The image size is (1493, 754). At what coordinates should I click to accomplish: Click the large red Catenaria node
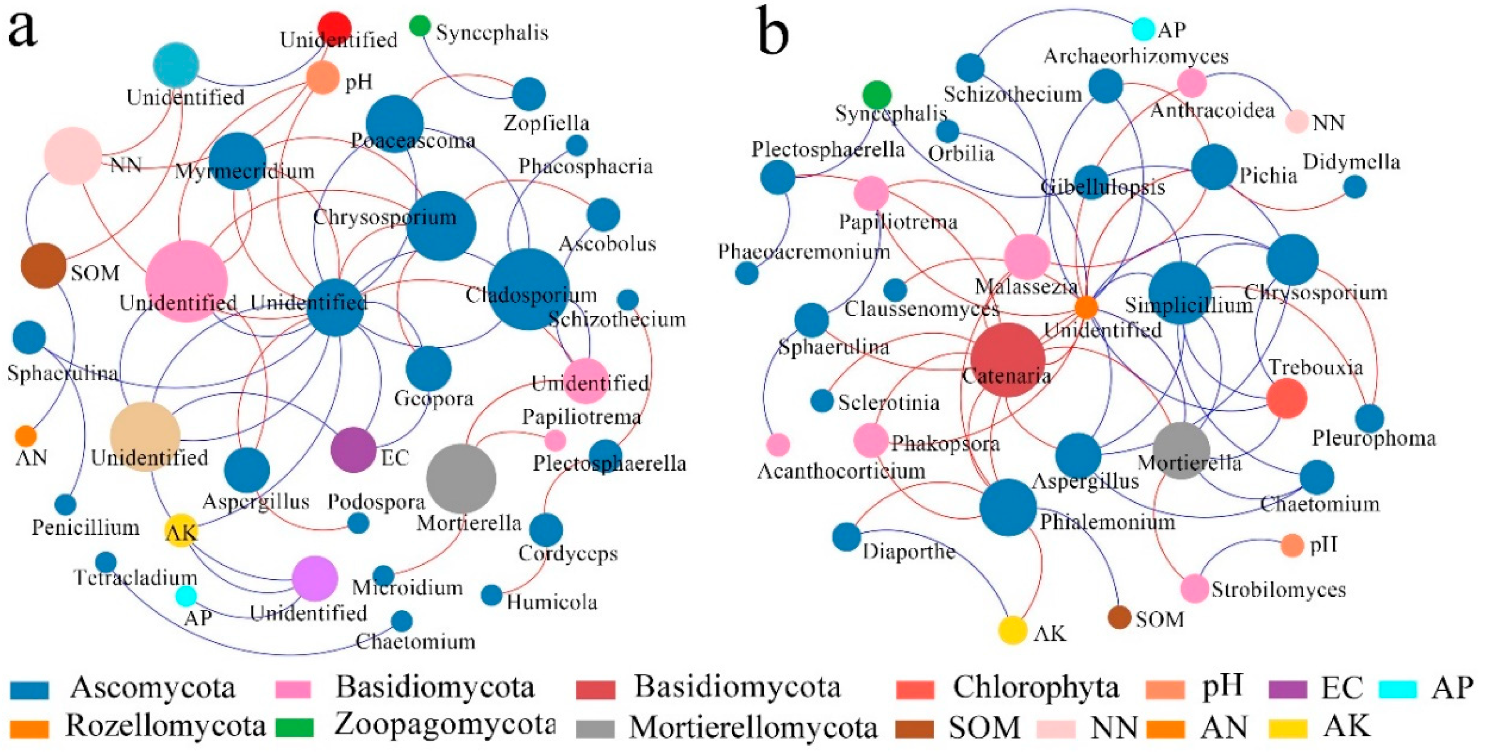(1007, 359)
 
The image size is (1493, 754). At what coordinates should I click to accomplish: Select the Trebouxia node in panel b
(1286, 398)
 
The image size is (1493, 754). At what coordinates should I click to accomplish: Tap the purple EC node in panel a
(353, 450)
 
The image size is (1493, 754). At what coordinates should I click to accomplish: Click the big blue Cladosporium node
(528, 289)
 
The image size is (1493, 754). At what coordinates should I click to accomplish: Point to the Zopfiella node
(528, 94)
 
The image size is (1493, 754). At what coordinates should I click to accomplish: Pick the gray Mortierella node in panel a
(461, 479)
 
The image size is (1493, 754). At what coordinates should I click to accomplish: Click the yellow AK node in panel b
(1012, 631)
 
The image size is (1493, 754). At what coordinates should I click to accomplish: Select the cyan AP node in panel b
(1143, 29)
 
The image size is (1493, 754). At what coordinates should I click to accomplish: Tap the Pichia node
(1214, 167)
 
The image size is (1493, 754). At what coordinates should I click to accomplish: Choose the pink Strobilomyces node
(1194, 589)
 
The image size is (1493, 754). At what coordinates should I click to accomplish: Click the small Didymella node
(1355, 187)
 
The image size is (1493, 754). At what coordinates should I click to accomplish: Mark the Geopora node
(428, 368)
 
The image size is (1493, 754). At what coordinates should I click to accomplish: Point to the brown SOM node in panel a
(43, 265)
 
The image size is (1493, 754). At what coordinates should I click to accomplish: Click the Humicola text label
(552, 602)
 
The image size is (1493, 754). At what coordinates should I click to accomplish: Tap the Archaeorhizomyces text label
(1136, 56)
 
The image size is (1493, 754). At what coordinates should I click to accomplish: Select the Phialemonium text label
(1107, 522)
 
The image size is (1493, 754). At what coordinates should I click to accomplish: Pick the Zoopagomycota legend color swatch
(294, 727)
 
